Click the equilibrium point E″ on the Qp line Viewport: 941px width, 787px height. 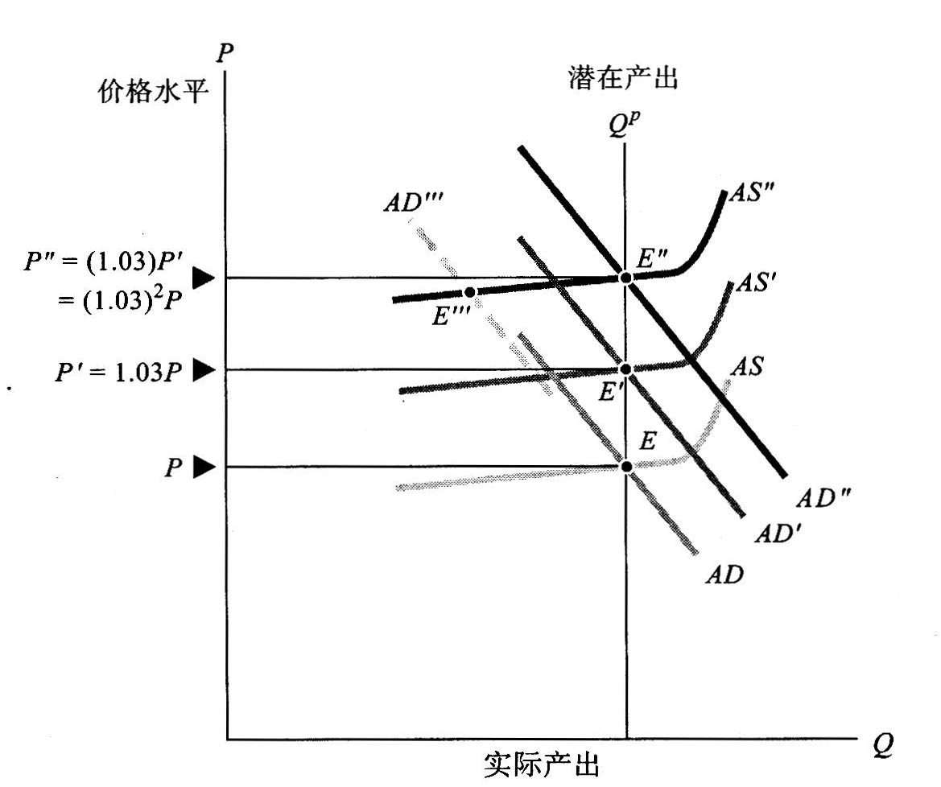click(x=625, y=278)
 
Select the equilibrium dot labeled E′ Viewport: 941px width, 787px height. click(x=625, y=369)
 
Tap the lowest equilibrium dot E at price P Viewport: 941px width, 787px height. click(x=625, y=466)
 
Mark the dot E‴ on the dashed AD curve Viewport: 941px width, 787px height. click(x=470, y=291)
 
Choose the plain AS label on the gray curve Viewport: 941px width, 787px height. click(x=746, y=366)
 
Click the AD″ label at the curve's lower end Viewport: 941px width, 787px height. click(x=823, y=498)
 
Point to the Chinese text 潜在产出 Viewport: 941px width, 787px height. click(x=622, y=79)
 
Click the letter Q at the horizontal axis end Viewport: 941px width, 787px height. click(x=881, y=744)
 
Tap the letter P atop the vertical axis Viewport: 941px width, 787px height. click(x=225, y=52)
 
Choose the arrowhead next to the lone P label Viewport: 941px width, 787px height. click(x=205, y=467)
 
